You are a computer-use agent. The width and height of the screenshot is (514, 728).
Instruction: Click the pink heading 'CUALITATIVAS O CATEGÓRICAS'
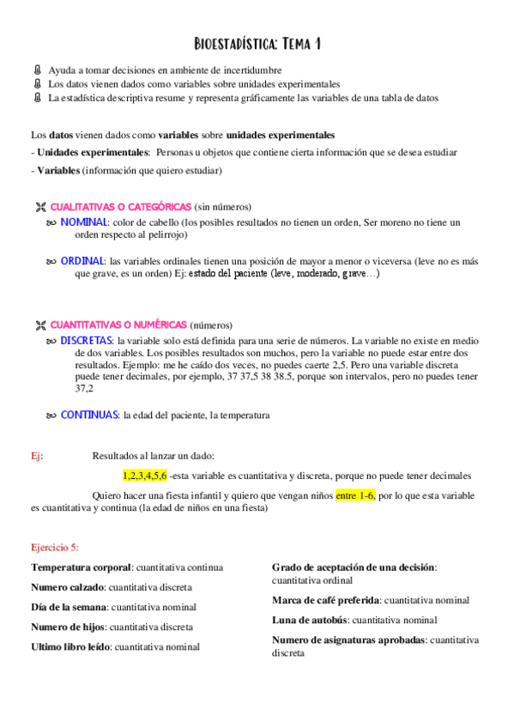(120, 207)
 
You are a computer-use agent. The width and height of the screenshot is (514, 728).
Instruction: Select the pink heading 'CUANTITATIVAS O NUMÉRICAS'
(118, 325)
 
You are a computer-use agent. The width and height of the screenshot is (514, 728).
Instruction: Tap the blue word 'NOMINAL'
(83, 222)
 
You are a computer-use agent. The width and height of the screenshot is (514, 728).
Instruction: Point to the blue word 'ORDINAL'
(82, 260)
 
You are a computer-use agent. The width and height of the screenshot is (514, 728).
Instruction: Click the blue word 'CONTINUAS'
(89, 415)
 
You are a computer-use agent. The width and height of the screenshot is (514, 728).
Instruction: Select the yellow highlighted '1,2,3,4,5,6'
(144, 475)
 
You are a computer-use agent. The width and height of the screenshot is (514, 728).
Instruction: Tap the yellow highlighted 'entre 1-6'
(355, 495)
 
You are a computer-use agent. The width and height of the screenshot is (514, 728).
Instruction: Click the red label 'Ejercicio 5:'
(55, 546)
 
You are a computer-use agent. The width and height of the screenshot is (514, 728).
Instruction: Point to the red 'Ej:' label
(36, 456)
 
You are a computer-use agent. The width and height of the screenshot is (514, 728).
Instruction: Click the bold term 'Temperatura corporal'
(81, 567)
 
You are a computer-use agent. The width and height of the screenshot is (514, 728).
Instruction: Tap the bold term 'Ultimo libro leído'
(71, 646)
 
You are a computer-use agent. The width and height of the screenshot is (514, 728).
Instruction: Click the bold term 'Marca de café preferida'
(325, 599)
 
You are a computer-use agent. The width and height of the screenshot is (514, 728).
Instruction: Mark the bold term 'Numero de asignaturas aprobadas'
(348, 640)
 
